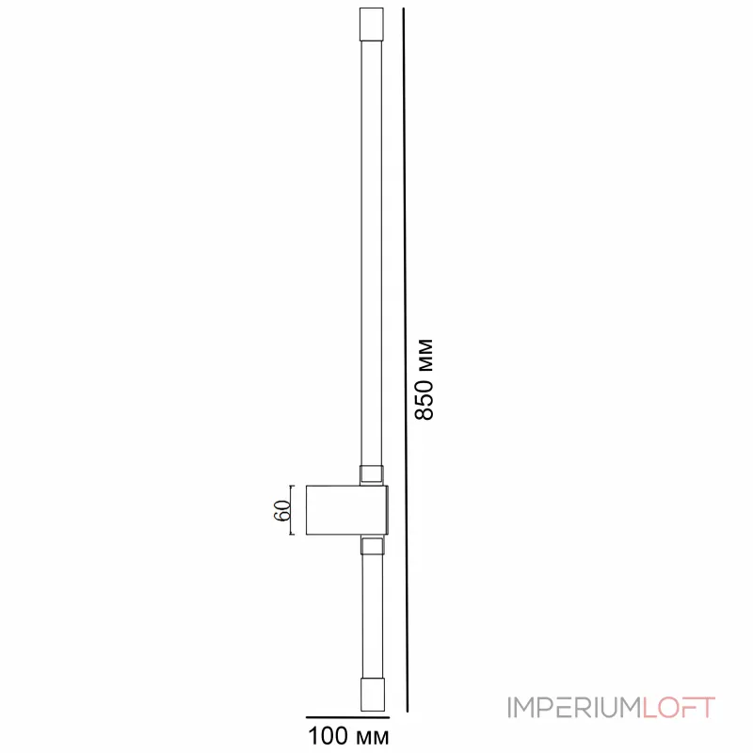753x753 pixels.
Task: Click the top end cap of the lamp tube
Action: (x=372, y=24)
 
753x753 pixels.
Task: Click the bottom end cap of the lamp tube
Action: (x=372, y=694)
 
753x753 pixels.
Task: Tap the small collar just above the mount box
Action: (x=372, y=474)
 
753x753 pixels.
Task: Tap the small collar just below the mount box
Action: (x=372, y=546)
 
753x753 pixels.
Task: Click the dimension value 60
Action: (x=280, y=510)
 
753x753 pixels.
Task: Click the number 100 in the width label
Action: (x=325, y=734)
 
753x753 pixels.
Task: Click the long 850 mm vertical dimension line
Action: (x=407, y=358)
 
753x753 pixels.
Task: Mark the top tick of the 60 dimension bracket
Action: (x=293, y=486)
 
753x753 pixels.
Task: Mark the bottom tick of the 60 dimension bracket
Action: (x=293, y=535)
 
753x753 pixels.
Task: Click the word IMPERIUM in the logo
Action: (x=573, y=707)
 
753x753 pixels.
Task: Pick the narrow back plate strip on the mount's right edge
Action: (x=385, y=510)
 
